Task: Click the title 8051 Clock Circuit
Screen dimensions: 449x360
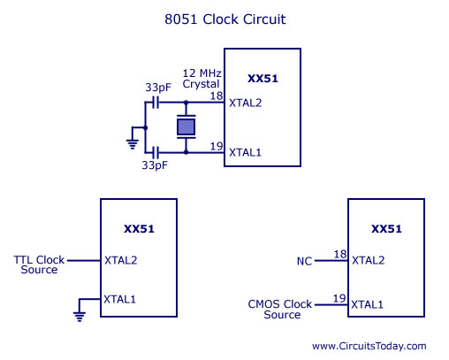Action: [225, 19]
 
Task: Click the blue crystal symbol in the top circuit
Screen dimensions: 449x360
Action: [186, 127]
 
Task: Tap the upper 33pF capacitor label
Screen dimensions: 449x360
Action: [158, 88]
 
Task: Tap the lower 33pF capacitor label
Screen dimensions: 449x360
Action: [155, 165]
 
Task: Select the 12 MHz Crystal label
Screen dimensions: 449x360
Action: [202, 79]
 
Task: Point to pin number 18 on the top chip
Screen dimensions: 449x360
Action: [217, 96]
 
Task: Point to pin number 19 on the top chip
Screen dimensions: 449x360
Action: [217, 146]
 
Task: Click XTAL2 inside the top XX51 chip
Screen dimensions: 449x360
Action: [246, 103]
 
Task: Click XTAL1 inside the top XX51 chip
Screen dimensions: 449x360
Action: [245, 153]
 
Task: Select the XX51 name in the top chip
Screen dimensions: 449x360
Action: [263, 79]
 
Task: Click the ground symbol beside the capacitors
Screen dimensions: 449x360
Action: [133, 138]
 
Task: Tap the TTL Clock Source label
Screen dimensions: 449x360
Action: [39, 264]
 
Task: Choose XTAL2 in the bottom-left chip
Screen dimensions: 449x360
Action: [121, 260]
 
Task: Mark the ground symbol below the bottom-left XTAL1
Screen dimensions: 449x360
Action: [80, 310]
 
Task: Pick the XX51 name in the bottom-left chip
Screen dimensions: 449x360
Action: [139, 229]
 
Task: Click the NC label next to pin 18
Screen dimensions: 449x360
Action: [304, 261]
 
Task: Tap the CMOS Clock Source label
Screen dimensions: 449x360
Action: [280, 310]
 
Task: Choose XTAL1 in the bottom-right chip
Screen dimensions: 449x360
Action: [367, 304]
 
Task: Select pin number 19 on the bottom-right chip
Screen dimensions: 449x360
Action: [339, 299]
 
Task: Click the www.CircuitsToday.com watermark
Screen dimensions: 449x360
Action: [369, 346]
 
